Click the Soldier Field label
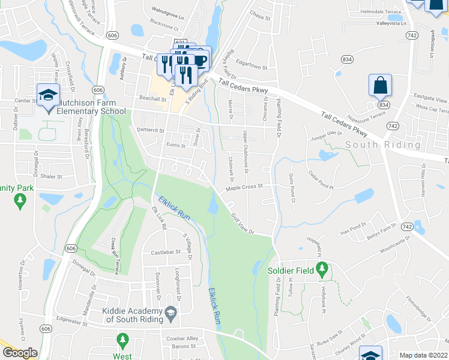pyautogui.click(x=291, y=271)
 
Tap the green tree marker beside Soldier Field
pyautogui.click(x=323, y=271)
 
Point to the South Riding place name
pyautogui.click(x=383, y=145)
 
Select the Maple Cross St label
pyautogui.click(x=245, y=187)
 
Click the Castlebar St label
pyautogui.click(x=165, y=253)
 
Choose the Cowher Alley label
pyautogui.click(x=184, y=338)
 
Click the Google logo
pyautogui.click(x=20, y=353)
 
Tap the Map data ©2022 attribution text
pyautogui.click(x=424, y=355)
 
